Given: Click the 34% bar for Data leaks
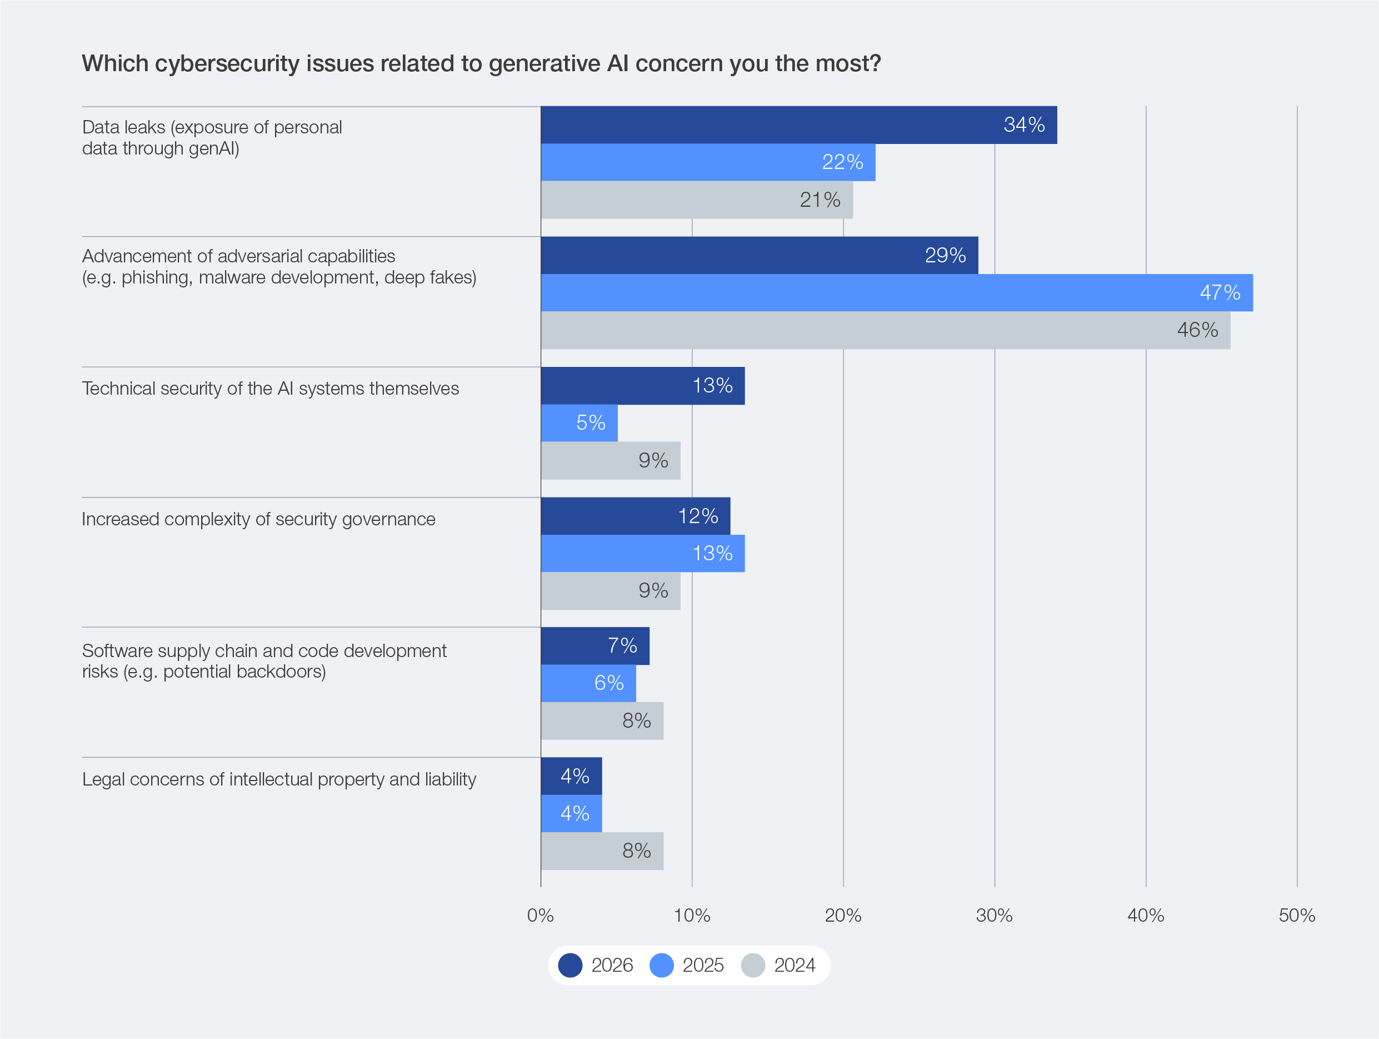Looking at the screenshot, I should [798, 125].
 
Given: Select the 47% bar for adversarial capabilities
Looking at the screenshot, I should [897, 292].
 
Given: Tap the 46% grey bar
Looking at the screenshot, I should [885, 330].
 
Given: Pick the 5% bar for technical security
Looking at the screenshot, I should [579, 423].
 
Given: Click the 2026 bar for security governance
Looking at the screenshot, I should [635, 516].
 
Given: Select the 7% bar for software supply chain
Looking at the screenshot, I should [594, 645].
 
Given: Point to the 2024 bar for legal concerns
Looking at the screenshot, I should [602, 851].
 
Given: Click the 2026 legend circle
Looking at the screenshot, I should [570, 965].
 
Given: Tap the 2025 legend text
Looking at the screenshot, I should [703, 965].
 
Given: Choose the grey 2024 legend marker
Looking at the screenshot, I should [752, 965].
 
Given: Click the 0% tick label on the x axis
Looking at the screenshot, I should [540, 915].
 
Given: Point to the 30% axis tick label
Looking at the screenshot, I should [994, 915].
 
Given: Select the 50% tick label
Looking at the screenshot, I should [1296, 915].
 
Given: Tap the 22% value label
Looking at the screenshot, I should [842, 162].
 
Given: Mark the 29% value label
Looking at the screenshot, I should [945, 255].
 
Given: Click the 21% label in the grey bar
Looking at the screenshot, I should [820, 200].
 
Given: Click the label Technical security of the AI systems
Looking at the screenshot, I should [270, 389].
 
